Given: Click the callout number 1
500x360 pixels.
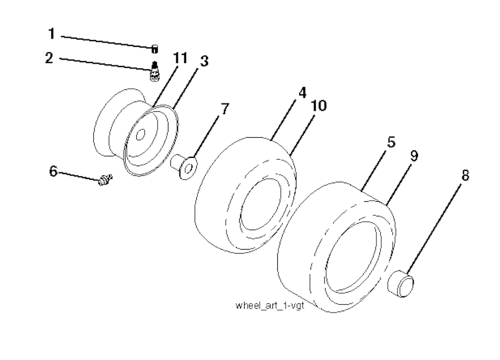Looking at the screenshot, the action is (52, 34).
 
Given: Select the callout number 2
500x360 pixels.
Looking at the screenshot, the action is (49, 58).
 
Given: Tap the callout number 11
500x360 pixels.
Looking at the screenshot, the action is (180, 58).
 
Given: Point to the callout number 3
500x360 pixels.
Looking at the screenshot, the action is (204, 61).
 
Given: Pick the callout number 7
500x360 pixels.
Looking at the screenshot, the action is (225, 109).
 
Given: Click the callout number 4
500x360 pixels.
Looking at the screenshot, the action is (302, 92).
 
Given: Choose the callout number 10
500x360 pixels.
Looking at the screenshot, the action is (319, 106).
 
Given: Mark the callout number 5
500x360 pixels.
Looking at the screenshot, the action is (391, 142).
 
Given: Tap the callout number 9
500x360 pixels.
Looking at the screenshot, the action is (414, 156).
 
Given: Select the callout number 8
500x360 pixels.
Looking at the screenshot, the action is (465, 175).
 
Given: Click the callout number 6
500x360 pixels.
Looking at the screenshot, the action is (53, 171).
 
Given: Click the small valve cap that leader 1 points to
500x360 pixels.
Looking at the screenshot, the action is (154, 49).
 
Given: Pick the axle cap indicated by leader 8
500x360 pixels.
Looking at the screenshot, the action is (400, 283).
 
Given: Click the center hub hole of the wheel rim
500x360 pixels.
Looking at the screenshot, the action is (141, 135).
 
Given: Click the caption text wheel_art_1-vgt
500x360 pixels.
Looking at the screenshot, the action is (270, 305).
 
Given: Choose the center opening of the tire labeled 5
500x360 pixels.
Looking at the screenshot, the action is (353, 256).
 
